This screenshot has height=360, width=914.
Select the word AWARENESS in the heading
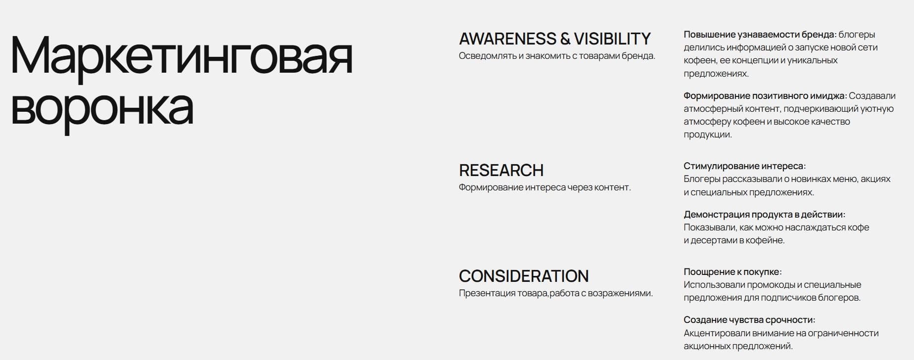(507, 39)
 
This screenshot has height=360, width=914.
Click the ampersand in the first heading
(565, 39)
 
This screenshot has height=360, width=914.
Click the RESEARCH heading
(501, 170)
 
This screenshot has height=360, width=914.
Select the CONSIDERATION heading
(524, 276)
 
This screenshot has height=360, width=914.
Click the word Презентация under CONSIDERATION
(487, 293)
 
